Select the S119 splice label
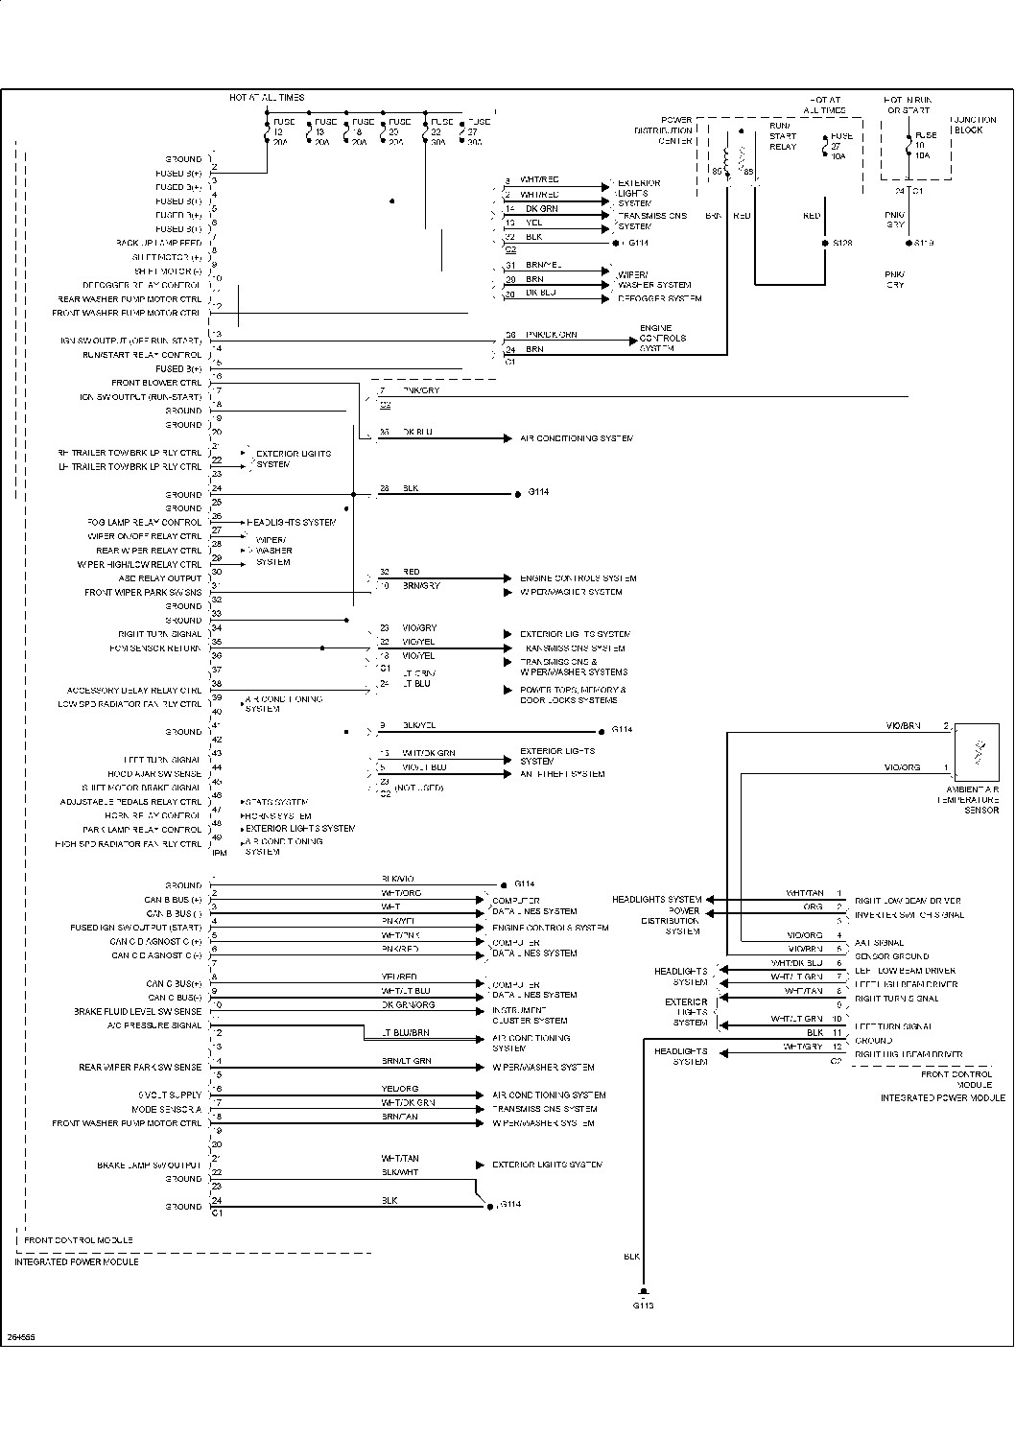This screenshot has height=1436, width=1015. click(924, 244)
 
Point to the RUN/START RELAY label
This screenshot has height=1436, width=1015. click(783, 136)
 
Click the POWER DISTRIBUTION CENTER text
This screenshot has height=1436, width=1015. click(664, 130)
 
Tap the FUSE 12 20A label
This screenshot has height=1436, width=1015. click(282, 131)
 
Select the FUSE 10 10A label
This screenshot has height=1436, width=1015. click(925, 145)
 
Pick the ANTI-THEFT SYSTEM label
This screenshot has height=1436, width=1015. click(562, 774)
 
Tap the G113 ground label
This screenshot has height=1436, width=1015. click(643, 1306)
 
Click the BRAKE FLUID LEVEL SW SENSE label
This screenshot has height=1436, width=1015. click(138, 1012)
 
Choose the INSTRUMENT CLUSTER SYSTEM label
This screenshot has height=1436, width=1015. click(530, 1016)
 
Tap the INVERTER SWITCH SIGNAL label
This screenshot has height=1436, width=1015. click(909, 915)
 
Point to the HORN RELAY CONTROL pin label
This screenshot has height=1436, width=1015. click(155, 815)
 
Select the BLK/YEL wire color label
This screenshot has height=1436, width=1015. click(419, 726)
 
